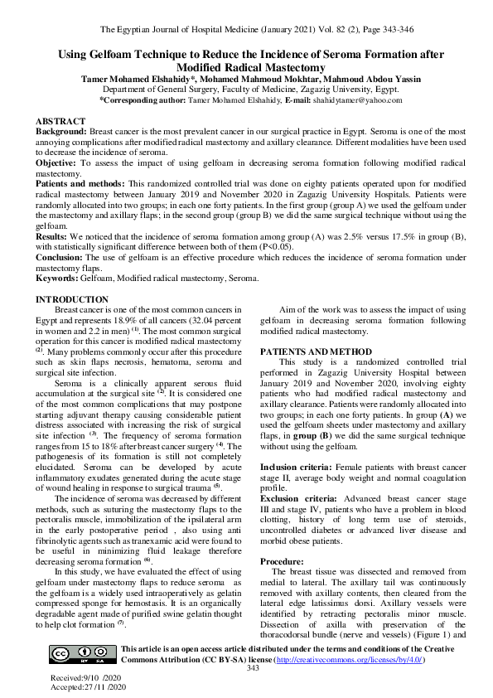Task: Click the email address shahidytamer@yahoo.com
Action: pos(339,99)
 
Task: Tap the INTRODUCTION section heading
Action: pos(71,299)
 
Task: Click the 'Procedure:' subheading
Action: pos(283,561)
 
